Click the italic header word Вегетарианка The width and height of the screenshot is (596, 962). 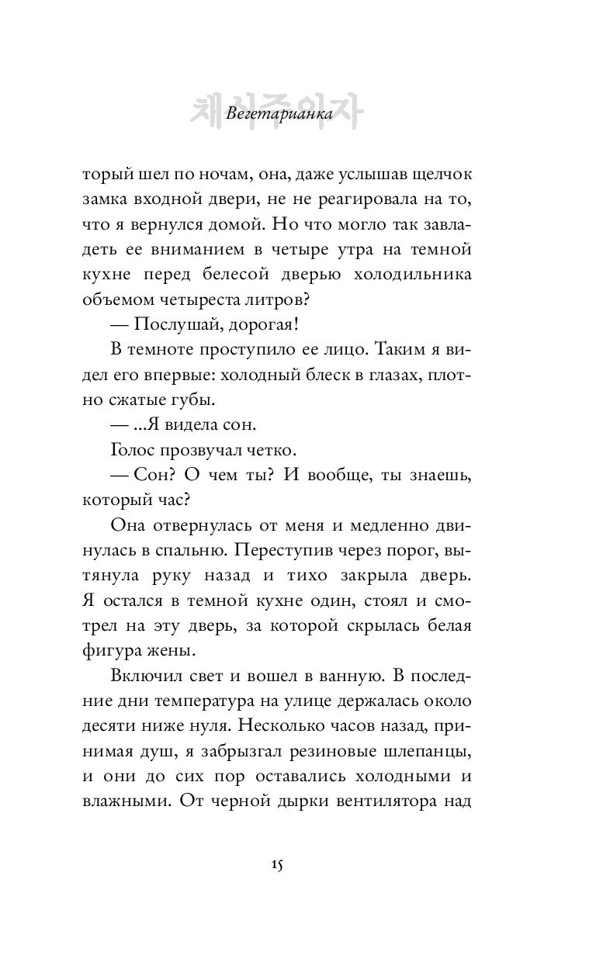point(277,115)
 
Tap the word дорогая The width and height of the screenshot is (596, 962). point(287,328)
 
